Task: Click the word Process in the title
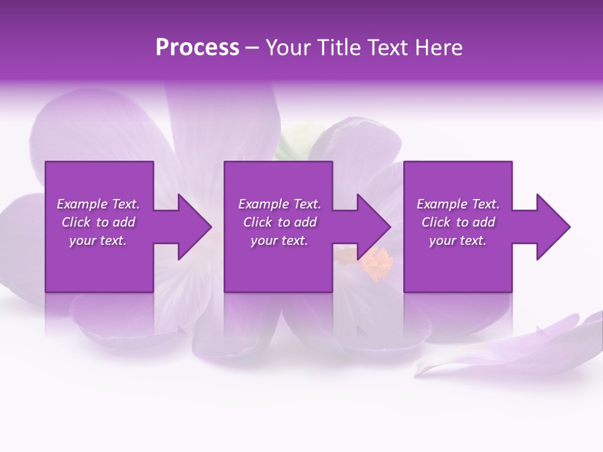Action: click(197, 48)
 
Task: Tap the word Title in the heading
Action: click(340, 48)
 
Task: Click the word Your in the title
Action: click(288, 48)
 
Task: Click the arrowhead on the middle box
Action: click(372, 227)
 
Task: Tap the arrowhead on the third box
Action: click(551, 227)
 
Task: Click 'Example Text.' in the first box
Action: click(98, 204)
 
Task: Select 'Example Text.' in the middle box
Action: click(280, 204)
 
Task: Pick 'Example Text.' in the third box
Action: click(458, 204)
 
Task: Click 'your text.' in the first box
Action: click(98, 240)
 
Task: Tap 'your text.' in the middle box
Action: click(280, 240)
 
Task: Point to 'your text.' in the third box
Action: click(458, 240)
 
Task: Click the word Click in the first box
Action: click(76, 222)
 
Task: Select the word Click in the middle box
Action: click(258, 222)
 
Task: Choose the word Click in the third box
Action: click(436, 222)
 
